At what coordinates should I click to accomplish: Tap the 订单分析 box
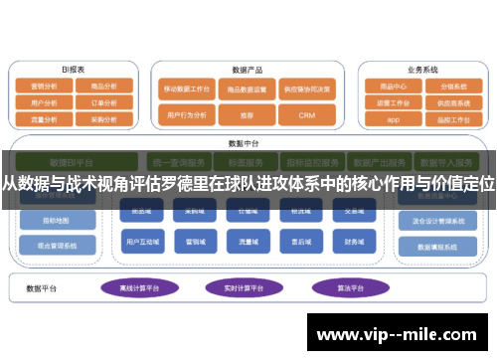point(103,102)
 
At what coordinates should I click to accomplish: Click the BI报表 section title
point(73,71)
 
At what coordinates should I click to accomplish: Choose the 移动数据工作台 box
point(184,90)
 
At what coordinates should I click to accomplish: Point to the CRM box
point(306,115)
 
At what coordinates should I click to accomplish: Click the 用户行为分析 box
point(184,115)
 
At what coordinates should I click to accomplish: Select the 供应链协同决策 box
point(306,90)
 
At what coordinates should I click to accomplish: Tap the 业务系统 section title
point(422,71)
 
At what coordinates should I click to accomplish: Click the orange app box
point(393,118)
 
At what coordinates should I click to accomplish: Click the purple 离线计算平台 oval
point(140,287)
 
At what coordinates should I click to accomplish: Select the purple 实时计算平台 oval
point(244,287)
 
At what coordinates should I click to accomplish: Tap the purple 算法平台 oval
point(344,287)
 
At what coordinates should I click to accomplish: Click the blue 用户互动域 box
point(143,241)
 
